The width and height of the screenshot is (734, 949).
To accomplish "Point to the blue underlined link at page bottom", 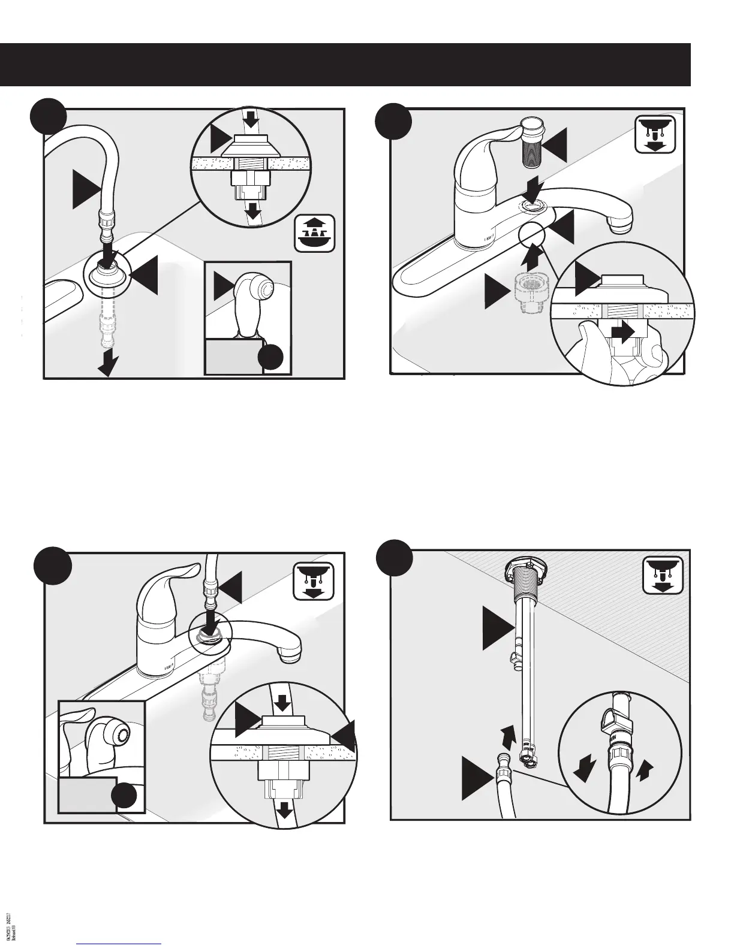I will click(119, 943).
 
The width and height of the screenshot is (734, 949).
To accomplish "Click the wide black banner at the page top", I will click(345, 65).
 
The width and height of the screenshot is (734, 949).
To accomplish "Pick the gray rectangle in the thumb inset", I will click(87, 794).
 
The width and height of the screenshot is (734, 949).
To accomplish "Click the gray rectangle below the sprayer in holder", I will click(234, 357).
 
